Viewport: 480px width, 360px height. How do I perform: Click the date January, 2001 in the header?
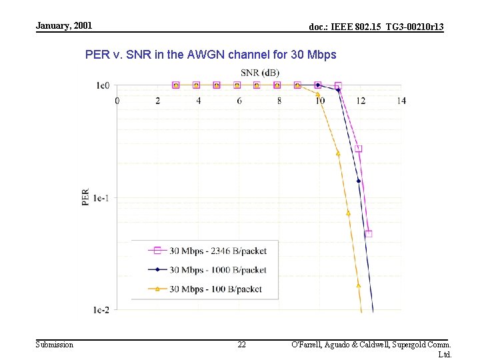click(x=64, y=26)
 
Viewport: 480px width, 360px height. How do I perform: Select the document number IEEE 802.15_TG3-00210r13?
click(x=376, y=27)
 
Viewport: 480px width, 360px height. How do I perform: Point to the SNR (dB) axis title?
click(x=260, y=72)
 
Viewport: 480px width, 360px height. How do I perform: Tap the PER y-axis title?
click(x=85, y=197)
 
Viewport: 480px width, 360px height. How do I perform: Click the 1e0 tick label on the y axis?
click(x=102, y=85)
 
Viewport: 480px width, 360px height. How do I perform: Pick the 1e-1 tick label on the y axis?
click(x=101, y=197)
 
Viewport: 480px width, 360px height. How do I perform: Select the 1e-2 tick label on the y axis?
click(x=101, y=309)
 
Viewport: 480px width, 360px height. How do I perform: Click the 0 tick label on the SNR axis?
click(x=117, y=101)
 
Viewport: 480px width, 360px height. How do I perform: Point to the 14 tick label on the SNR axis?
click(x=401, y=101)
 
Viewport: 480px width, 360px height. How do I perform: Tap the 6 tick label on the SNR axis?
click(x=239, y=101)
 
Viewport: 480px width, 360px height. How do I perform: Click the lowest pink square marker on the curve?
click(x=368, y=234)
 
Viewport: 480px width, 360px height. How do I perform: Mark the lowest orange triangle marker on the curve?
click(x=358, y=285)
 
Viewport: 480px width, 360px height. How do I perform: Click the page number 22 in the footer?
click(x=241, y=345)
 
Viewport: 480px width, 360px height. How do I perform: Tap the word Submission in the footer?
click(x=55, y=345)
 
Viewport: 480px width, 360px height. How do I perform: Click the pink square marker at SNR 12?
click(x=359, y=149)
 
